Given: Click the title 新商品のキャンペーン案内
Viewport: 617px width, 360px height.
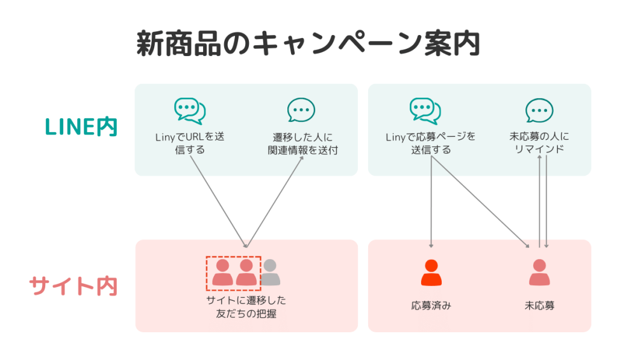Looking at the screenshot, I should pos(308,44).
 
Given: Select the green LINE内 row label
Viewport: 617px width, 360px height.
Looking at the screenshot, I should pos(81,127).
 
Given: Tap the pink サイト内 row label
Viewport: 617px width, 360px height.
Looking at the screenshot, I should pos(73,285).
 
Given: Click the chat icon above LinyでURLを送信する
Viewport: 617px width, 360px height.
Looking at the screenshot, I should pos(189,111).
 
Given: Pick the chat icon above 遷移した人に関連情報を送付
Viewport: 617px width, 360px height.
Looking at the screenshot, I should pos(301,110).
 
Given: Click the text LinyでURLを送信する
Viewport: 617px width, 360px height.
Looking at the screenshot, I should pos(189,143).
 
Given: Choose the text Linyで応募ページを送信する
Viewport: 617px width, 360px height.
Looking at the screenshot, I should pos(430,143).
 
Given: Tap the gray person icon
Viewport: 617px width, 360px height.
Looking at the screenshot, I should pos(270,273).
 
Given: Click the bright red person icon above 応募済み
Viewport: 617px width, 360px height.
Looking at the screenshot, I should pos(431,273).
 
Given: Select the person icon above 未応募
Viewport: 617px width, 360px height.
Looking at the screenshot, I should pos(539,273).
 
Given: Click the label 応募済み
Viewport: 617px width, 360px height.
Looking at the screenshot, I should pos(431,306).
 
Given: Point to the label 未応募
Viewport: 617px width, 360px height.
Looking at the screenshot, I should pos(539,306).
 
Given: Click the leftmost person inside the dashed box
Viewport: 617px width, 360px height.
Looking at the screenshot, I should pos(222,273).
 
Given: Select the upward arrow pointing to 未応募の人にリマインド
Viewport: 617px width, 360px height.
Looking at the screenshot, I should pos(539,199).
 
